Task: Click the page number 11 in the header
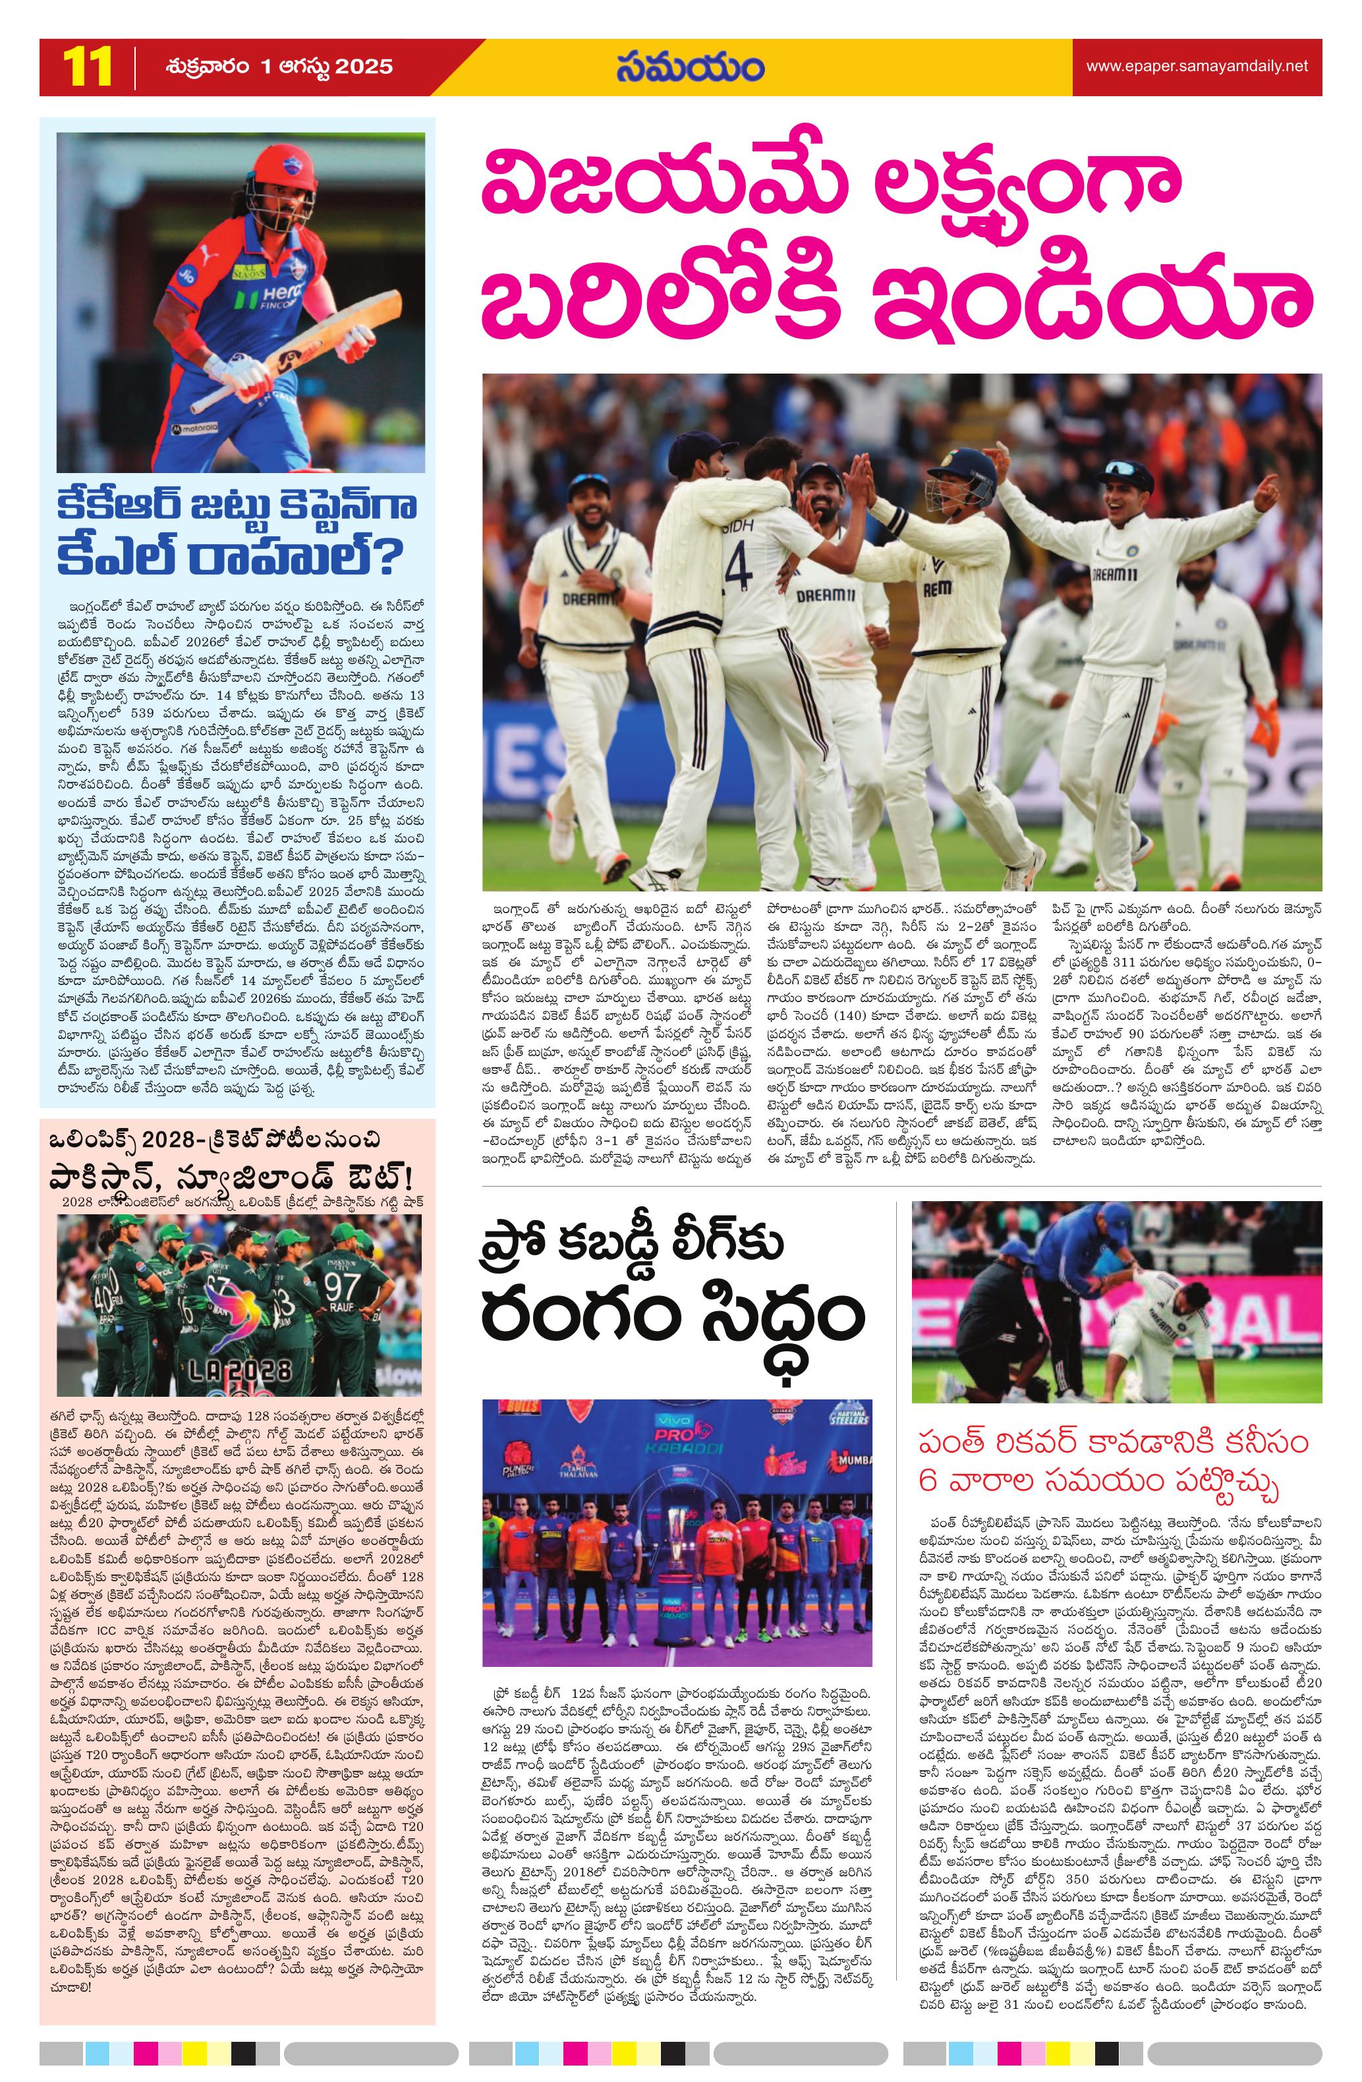86,67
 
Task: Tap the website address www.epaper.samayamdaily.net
1197,67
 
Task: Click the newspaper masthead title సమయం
689,67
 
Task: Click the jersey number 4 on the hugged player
737,567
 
